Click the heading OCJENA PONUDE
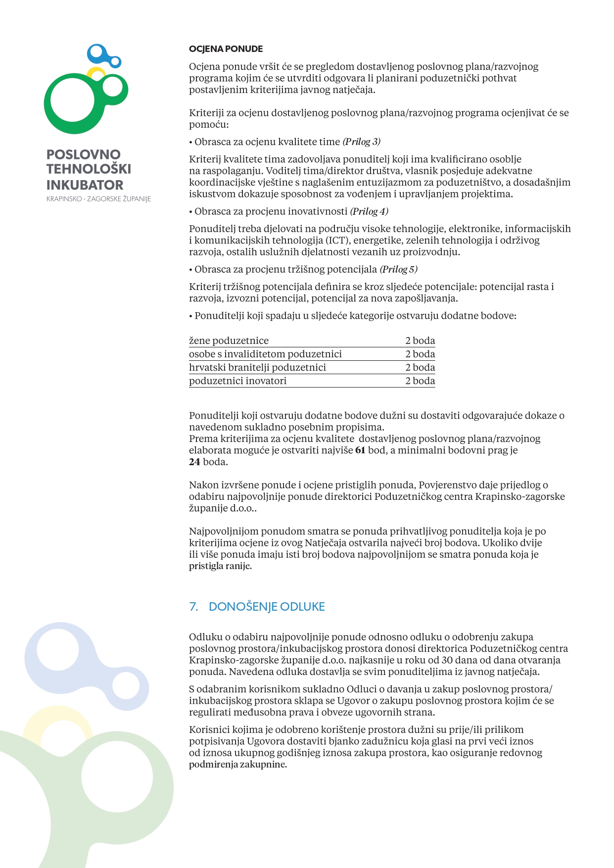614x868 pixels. click(x=226, y=49)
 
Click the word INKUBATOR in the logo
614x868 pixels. click(x=85, y=185)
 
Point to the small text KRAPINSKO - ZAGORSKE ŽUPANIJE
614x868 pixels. click(x=98, y=199)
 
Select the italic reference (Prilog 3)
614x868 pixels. click(x=362, y=142)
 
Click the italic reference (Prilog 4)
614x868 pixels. click(x=369, y=212)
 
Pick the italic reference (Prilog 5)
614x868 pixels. click(x=398, y=270)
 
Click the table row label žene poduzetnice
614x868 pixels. click(x=229, y=340)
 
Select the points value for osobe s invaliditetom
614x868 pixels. click(x=420, y=354)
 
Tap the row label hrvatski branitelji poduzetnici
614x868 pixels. click(x=257, y=367)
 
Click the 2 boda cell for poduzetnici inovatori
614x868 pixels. click(x=420, y=381)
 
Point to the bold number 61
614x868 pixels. click(x=360, y=450)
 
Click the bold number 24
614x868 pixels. click(x=194, y=462)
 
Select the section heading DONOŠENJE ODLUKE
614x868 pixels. click(x=267, y=607)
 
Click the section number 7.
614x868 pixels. click(x=193, y=607)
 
